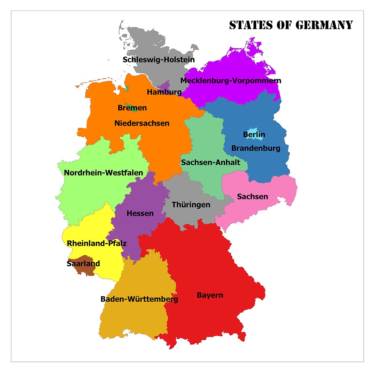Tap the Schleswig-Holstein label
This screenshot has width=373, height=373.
tap(159, 60)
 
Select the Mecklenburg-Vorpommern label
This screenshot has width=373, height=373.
tap(231, 81)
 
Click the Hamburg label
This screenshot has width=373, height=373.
tap(164, 92)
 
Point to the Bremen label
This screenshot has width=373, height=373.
tap(132, 108)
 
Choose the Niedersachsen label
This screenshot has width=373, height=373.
tap(142, 123)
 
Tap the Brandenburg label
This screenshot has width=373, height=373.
tap(256, 148)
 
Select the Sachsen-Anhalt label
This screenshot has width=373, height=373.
tap(210, 162)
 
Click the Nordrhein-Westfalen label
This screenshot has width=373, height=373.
tap(103, 172)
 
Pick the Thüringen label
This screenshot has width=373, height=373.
tap(191, 205)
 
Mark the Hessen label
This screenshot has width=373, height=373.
tap(140, 214)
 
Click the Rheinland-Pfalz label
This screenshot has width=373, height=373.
tap(97, 243)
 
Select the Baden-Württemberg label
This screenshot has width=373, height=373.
tap(139, 299)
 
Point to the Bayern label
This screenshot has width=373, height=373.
tap(210, 295)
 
